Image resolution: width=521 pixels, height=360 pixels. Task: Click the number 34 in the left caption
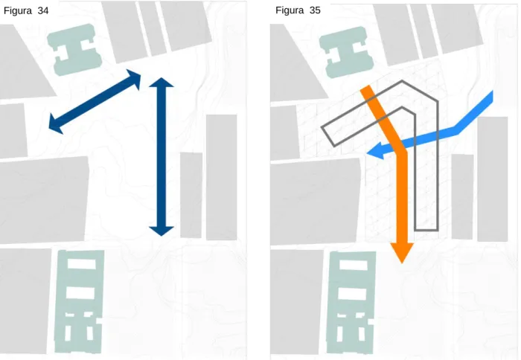click(x=43, y=10)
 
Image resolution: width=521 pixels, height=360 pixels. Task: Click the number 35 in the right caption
click(x=315, y=10)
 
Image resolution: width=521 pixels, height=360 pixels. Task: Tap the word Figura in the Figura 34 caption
click(x=18, y=11)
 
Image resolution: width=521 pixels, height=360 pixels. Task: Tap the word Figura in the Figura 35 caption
click(x=290, y=10)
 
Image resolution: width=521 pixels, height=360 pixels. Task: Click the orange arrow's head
click(x=402, y=252)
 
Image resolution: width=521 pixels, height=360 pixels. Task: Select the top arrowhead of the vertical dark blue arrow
click(x=162, y=83)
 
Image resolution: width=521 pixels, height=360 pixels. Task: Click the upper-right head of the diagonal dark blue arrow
click(x=134, y=78)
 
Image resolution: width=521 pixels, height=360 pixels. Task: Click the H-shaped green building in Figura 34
click(x=74, y=50)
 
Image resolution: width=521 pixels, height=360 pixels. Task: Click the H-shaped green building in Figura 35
click(x=347, y=52)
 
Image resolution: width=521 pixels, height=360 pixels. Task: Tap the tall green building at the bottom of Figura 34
click(x=79, y=301)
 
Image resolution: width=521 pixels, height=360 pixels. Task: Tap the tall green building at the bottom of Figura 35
click(x=351, y=303)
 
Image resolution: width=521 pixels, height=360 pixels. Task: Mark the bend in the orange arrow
click(x=401, y=151)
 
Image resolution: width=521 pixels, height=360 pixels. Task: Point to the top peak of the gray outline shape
click(x=402, y=80)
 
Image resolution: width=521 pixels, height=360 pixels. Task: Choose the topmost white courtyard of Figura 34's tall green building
click(x=82, y=264)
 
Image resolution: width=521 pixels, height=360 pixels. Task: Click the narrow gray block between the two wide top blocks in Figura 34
click(x=153, y=28)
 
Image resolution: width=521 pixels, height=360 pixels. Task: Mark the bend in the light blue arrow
click(x=457, y=130)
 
